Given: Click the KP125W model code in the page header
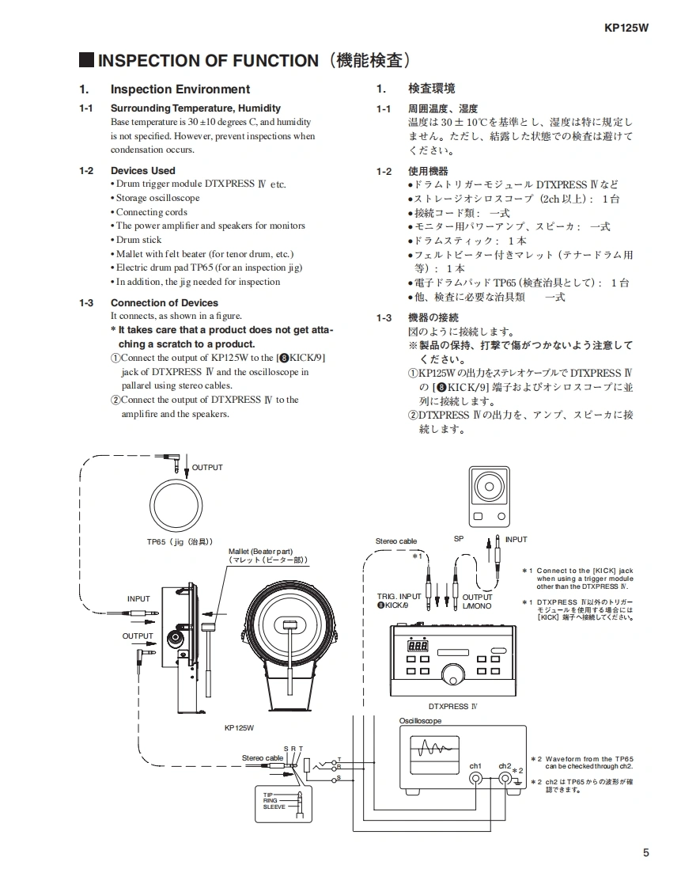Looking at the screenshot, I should click(x=626, y=28).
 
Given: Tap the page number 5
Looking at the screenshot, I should click(x=646, y=852).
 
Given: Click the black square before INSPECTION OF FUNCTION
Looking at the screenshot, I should click(x=86, y=60).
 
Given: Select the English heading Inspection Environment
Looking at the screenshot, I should click(x=180, y=89).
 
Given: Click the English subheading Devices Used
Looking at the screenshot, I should click(x=142, y=170).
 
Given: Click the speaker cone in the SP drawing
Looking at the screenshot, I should click(x=490, y=486).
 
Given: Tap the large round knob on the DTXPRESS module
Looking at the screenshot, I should click(x=453, y=674).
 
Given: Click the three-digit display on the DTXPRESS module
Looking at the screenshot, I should click(x=418, y=647).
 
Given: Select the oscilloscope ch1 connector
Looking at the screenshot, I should click(x=475, y=779).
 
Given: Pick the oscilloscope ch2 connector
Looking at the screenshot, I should click(x=505, y=779).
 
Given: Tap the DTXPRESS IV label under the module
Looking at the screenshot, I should click(x=452, y=706).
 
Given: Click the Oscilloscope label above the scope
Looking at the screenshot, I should click(x=421, y=721).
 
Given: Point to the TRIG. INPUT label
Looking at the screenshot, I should click(x=399, y=597).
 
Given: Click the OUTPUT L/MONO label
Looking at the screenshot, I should click(x=477, y=601).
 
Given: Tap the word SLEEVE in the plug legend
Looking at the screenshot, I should click(x=274, y=807).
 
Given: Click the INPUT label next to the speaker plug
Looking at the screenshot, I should click(x=516, y=540).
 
